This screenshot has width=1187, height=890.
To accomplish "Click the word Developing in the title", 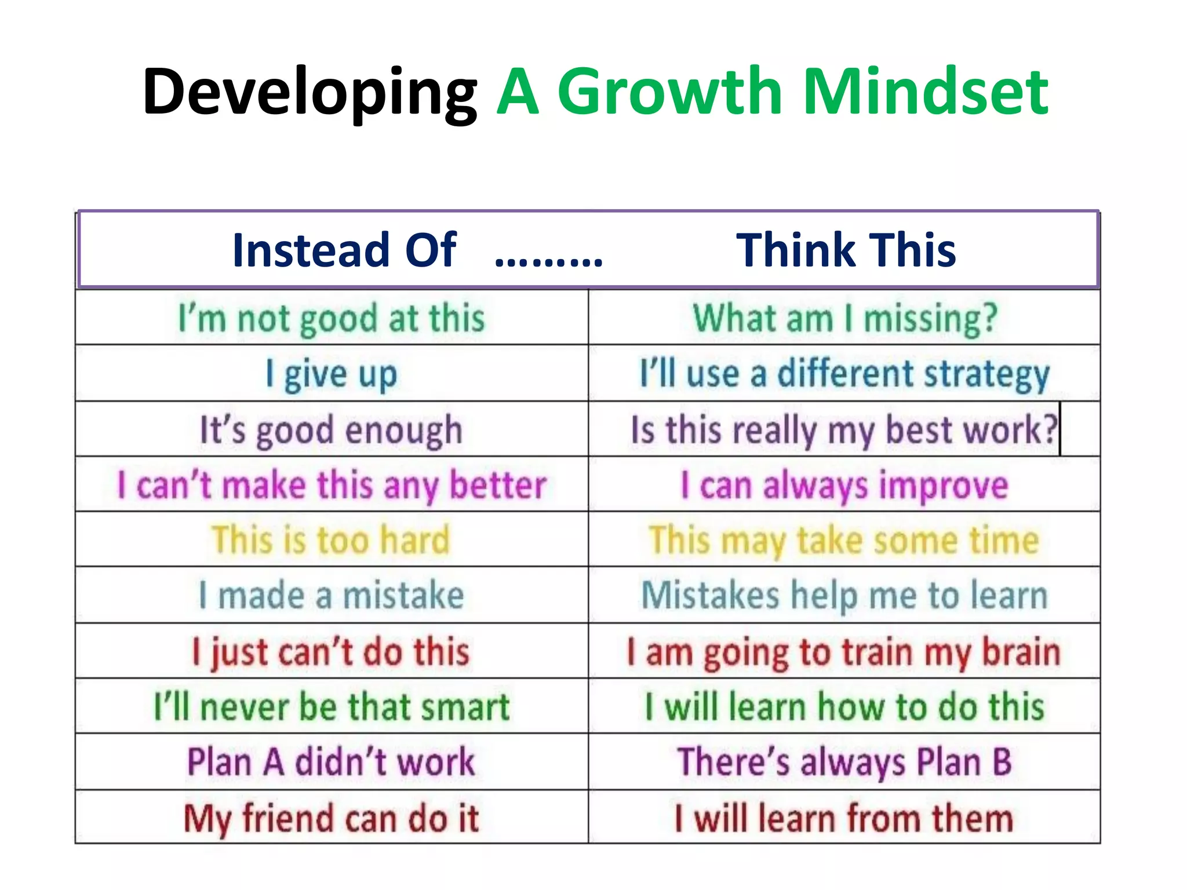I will tap(310, 93).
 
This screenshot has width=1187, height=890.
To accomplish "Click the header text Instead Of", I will tap(344, 250).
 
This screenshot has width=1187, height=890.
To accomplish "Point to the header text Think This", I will tap(846, 250).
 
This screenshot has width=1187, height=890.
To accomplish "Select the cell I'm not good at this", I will tap(332, 319).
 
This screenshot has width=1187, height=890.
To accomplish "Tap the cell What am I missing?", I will tap(844, 319).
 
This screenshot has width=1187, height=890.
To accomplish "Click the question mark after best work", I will tap(1050, 429).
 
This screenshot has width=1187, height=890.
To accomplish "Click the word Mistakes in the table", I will tap(710, 595).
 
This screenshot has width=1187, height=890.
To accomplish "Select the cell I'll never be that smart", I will tap(332, 707).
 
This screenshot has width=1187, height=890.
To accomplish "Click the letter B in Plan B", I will tap(1002, 762).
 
